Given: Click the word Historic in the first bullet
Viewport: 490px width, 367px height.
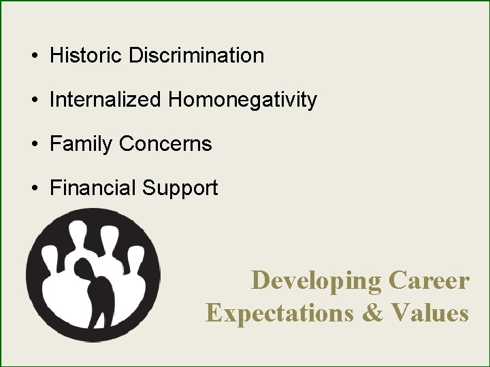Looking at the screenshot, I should click(x=86, y=55).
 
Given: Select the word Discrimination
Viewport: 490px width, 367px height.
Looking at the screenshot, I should click(x=196, y=55).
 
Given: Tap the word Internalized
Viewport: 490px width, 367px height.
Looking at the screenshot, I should click(x=106, y=100).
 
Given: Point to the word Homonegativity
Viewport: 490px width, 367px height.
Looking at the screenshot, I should click(x=243, y=100).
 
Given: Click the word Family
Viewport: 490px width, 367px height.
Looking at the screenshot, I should click(x=82, y=144).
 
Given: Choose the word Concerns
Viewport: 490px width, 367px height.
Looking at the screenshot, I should click(x=165, y=144).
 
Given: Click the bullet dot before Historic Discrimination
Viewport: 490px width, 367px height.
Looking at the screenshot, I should click(x=33, y=56).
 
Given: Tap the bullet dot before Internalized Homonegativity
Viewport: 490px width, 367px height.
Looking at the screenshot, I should click(x=33, y=101).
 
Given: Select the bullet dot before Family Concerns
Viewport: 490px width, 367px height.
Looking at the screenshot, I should click(x=33, y=145).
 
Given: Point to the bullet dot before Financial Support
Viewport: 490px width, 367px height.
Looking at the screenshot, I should click(x=33, y=189).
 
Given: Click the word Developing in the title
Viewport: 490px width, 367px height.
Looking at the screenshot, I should click(x=316, y=280).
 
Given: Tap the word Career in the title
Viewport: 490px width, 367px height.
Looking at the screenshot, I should click(x=429, y=280).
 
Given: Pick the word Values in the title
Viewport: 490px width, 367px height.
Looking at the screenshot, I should click(x=430, y=313).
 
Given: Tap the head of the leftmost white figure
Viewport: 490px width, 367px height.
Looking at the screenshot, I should click(x=50, y=256).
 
